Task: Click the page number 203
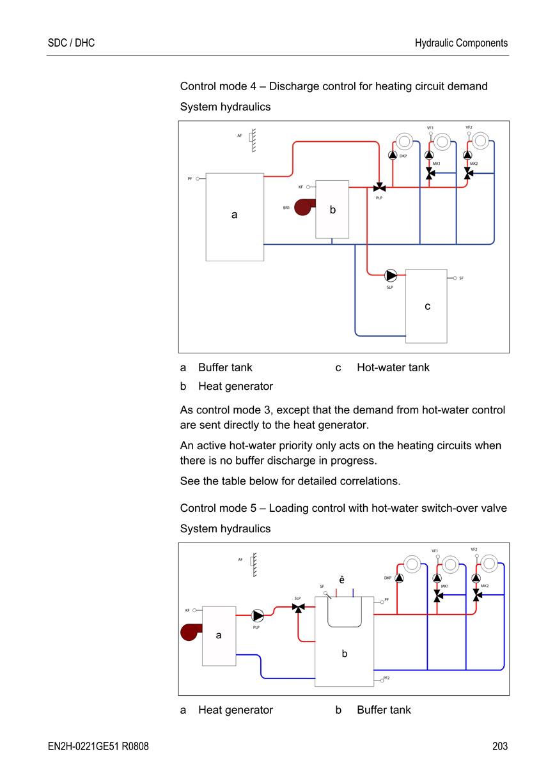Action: (x=499, y=746)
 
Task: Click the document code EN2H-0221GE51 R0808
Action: (x=98, y=746)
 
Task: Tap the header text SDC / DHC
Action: (x=71, y=43)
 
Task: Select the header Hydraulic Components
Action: (x=461, y=43)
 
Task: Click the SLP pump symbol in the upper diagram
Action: (x=391, y=275)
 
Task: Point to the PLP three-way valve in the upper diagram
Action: (x=379, y=188)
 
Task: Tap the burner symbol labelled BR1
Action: (x=304, y=207)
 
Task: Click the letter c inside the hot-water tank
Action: (x=427, y=306)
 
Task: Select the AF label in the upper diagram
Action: (x=240, y=135)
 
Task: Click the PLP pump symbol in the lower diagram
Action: (x=258, y=616)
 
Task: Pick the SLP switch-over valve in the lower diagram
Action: (x=298, y=608)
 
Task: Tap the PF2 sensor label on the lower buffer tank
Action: (x=386, y=678)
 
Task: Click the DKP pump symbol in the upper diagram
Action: (x=393, y=155)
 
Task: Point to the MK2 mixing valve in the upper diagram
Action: (x=468, y=173)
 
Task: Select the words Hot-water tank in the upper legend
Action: (x=393, y=367)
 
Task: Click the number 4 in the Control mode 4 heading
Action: (x=253, y=86)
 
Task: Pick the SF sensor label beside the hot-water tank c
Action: (x=461, y=278)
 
